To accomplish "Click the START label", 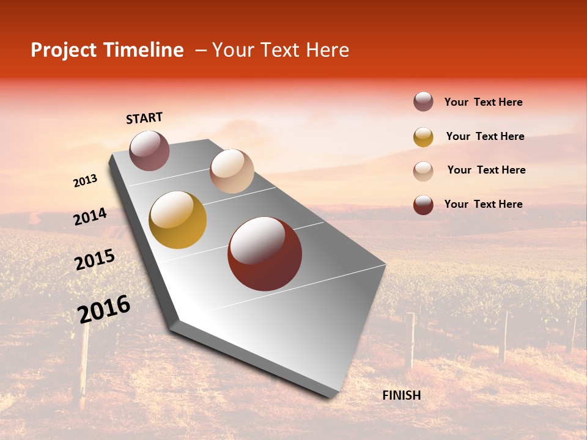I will point(144,118).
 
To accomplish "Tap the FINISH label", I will point(401,395).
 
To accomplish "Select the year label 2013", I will point(85,181).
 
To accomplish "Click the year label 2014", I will point(90,216).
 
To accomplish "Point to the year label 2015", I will point(95,260).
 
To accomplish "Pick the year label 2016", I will point(104,309).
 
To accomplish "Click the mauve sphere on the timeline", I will point(149,150).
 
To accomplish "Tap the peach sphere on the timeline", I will point(232,171).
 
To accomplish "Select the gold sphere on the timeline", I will point(178,220).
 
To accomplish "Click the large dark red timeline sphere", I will point(265,254).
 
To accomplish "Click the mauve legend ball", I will point(423,102).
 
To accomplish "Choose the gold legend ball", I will point(423,137).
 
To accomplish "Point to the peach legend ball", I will point(423,171).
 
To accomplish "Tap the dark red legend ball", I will point(423,205).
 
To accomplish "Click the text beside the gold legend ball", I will point(485,136).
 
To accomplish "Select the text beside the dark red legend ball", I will point(483,204).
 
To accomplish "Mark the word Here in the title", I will point(327,50).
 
